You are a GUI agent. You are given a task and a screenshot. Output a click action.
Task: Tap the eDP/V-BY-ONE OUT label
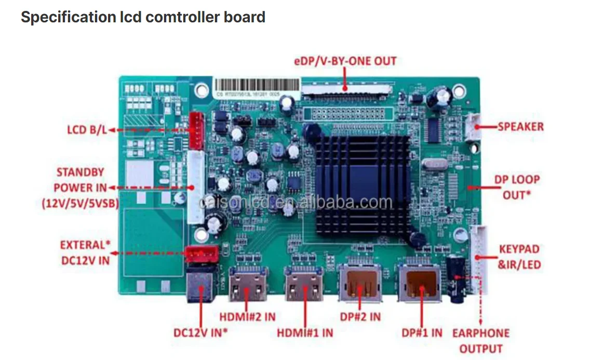(x=345, y=61)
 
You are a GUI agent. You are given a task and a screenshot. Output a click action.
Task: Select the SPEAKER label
(x=520, y=126)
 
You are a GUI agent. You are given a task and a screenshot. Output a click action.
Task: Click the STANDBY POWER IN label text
(x=81, y=188)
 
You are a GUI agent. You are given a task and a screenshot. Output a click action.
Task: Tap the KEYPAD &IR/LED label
(x=519, y=257)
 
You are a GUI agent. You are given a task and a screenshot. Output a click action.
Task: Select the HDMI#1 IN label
(x=305, y=332)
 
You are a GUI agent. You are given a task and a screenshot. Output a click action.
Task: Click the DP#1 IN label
(x=421, y=332)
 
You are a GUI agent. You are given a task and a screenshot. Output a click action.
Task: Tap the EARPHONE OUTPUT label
(x=480, y=340)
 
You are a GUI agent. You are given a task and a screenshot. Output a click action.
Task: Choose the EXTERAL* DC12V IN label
(x=85, y=252)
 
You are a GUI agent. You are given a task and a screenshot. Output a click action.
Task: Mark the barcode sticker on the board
(x=257, y=86)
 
